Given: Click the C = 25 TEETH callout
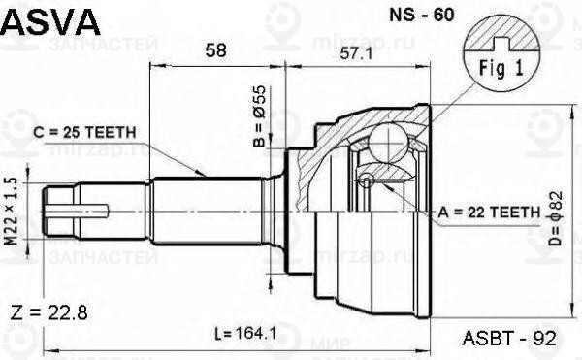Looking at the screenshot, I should pyautogui.click(x=85, y=131).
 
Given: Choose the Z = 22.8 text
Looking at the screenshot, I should pyautogui.click(x=49, y=311).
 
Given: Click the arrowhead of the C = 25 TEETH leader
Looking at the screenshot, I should pyautogui.click(x=208, y=174).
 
